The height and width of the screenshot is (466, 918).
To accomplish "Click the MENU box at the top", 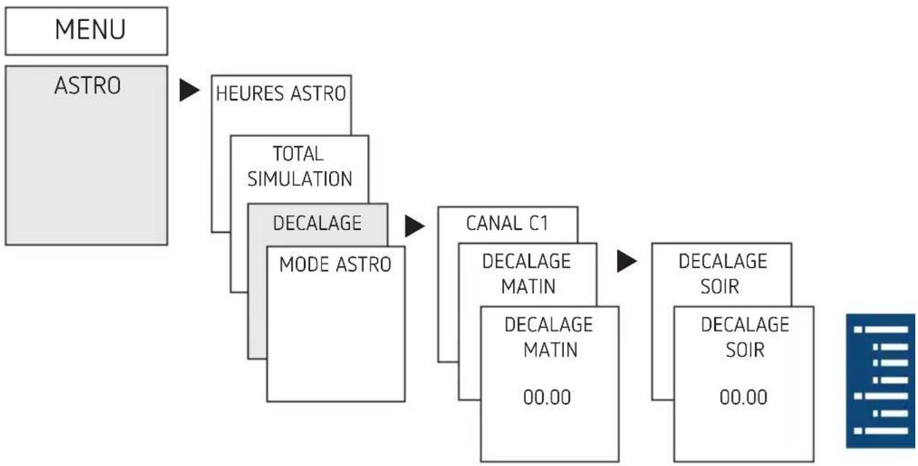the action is [86, 31].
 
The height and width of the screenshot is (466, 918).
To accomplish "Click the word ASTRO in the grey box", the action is [88, 85].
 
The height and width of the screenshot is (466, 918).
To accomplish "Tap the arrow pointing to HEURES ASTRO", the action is [189, 90].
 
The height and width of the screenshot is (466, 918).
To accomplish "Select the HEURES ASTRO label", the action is [281, 94].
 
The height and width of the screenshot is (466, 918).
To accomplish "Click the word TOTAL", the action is [299, 154].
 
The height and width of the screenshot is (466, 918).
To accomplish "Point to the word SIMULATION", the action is [300, 179].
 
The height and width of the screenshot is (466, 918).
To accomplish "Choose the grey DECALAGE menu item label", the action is [318, 223].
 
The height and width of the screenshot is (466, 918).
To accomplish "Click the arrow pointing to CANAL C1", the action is [415, 226].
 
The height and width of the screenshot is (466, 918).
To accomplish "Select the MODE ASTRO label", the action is [335, 265].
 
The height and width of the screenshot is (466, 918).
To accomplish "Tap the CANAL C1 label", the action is [507, 223].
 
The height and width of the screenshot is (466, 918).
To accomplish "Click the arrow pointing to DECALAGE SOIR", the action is [627, 261].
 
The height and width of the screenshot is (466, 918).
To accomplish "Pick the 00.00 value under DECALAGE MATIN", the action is [547, 397].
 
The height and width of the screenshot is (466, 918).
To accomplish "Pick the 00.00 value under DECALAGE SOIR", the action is [744, 397].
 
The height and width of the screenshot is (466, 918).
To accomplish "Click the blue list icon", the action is [881, 381].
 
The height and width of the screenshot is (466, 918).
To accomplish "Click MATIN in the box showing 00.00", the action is [550, 350].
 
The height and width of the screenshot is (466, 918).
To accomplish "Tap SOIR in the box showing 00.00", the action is [745, 350].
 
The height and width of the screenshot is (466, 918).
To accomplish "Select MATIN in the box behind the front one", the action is [529, 286].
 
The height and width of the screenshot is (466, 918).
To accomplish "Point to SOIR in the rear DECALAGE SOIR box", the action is [720, 286].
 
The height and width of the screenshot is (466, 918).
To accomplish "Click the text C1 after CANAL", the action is [539, 223].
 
